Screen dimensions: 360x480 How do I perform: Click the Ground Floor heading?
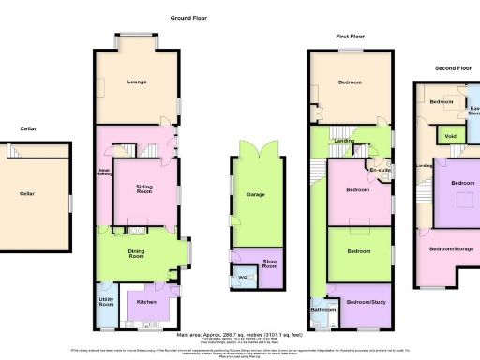point(188,18)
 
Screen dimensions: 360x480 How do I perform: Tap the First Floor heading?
point(351,36)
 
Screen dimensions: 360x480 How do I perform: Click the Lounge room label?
point(137,82)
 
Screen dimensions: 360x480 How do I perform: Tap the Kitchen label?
point(146,303)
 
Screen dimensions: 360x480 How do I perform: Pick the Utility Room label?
point(106,302)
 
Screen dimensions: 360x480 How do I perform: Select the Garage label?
point(255,195)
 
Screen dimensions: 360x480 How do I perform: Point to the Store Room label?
point(272,265)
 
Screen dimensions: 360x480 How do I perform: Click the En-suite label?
point(380,169)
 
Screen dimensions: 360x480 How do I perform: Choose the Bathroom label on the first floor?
point(323,308)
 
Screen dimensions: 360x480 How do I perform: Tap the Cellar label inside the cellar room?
point(33,194)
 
